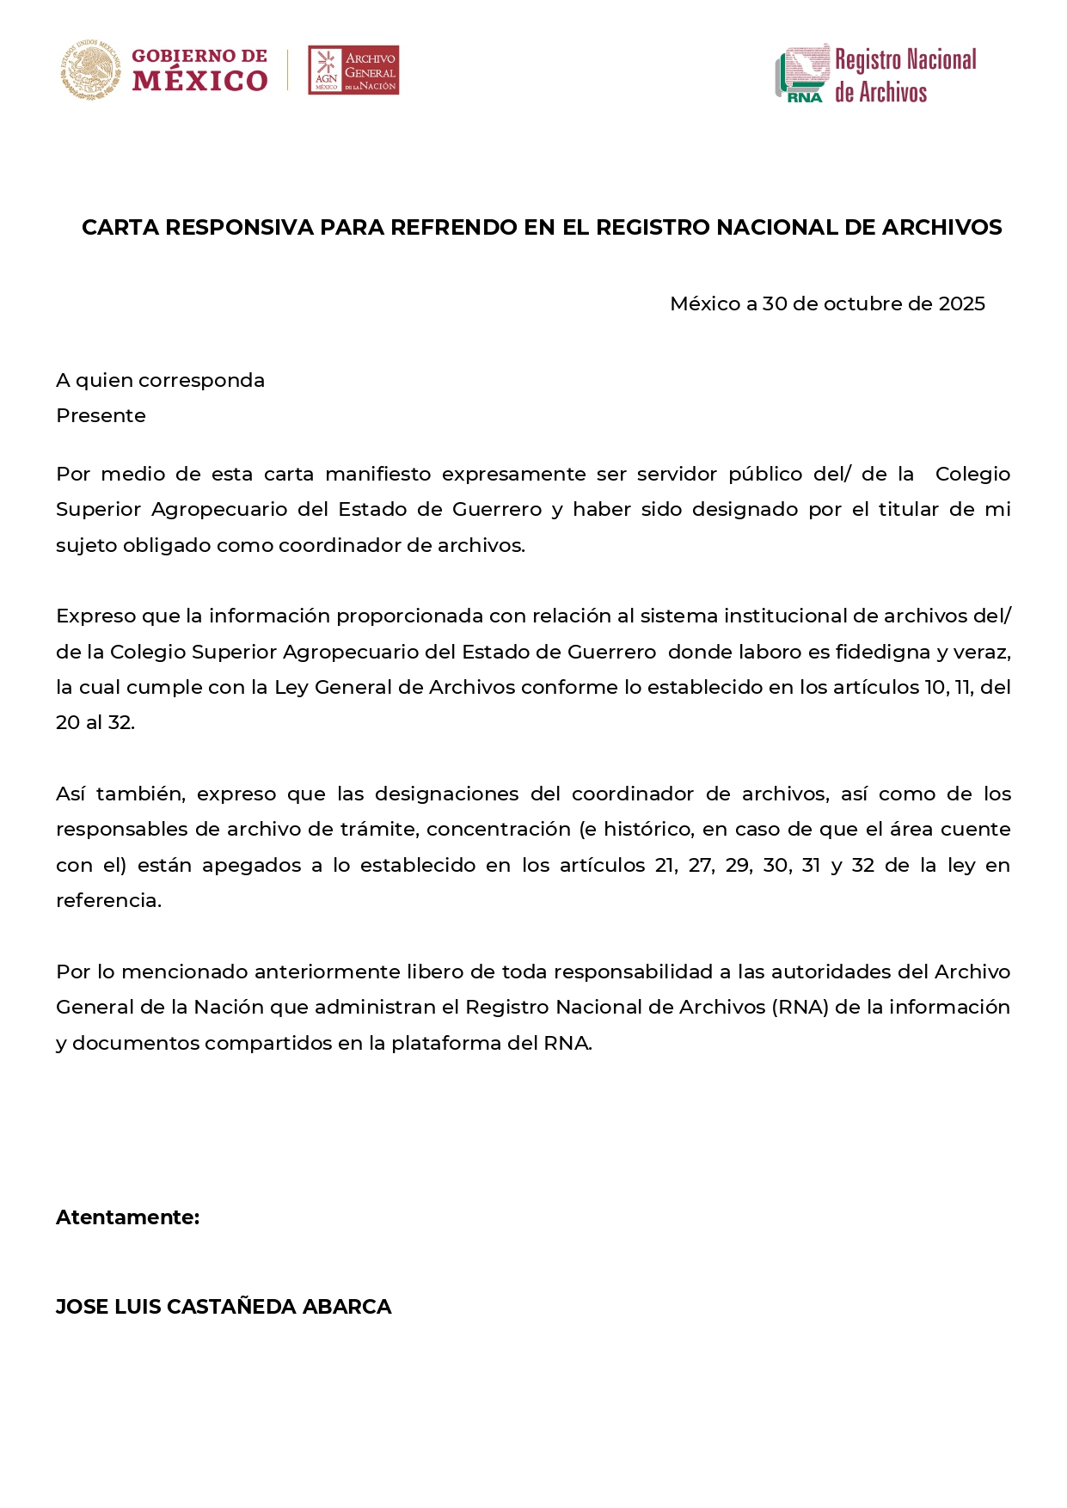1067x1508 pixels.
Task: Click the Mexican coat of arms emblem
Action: tap(90, 70)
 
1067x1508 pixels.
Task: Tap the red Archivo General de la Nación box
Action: tap(353, 70)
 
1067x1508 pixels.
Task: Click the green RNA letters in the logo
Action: tap(804, 97)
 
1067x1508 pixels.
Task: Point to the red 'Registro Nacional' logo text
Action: tap(905, 60)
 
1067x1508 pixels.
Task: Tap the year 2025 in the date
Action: tap(961, 304)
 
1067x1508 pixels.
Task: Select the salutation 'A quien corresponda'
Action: tap(161, 381)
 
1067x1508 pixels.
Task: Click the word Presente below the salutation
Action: tap(101, 416)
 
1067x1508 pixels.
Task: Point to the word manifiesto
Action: tap(378, 475)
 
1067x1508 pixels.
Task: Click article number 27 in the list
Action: tap(700, 866)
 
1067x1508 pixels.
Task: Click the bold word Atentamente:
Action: tap(128, 1218)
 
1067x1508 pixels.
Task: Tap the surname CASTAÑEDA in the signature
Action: tap(231, 1308)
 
